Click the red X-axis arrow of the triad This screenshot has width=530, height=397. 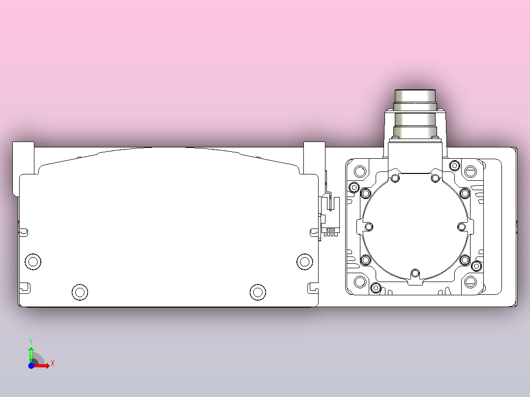[43, 365]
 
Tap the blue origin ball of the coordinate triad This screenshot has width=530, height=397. [31, 366]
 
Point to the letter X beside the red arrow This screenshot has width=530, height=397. [52, 364]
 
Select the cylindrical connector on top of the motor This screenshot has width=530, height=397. [415, 113]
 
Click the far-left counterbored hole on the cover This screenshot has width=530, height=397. [33, 261]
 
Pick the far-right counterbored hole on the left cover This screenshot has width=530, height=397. [304, 261]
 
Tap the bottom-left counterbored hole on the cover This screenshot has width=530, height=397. [80, 292]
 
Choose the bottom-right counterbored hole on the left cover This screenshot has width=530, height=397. [257, 292]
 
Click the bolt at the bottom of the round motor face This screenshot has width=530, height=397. [415, 273]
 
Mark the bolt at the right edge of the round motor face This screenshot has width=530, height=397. [462, 227]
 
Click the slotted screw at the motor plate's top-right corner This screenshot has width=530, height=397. [471, 171]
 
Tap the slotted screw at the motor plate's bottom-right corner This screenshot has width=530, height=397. [471, 282]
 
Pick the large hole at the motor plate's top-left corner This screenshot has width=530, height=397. [360, 171]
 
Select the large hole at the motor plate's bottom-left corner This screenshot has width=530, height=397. [360, 282]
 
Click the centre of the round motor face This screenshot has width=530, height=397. [415, 227]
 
